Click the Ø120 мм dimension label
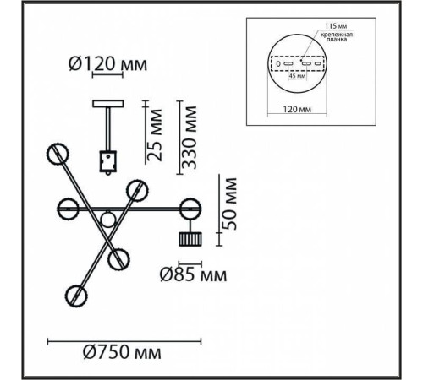[108, 64]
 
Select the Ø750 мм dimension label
[122, 352]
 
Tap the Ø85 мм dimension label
[193, 274]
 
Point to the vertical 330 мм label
[189, 138]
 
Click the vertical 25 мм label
[155, 135]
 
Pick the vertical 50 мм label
[228, 204]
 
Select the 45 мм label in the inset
[297, 76]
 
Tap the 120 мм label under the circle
[297, 109]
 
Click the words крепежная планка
[337, 37]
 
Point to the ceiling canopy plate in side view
[108, 103]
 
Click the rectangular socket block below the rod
[107, 161]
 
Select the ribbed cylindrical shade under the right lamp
[190, 239]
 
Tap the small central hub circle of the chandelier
[107, 219]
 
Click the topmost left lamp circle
[58, 154]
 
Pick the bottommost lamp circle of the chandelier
[76, 296]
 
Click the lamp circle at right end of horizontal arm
[190, 209]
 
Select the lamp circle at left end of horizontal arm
[68, 209]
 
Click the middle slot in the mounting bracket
[305, 63]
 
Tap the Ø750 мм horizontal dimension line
[124, 342]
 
